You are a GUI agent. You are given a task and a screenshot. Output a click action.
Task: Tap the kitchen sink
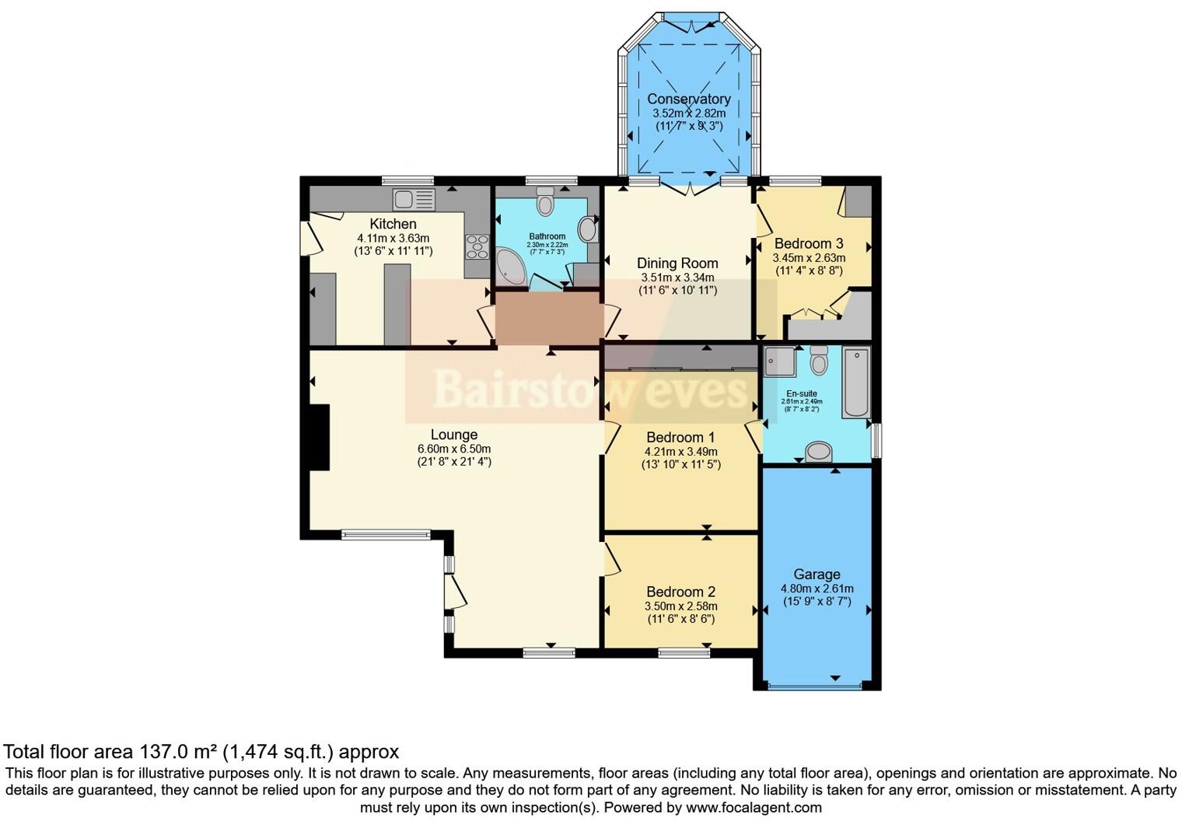click(x=414, y=200)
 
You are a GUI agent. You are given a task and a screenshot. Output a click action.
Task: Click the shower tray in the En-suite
click(x=779, y=362)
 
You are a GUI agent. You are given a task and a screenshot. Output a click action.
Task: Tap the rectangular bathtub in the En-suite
click(x=856, y=383)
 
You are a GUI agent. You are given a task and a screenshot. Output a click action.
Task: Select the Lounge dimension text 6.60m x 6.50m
click(x=454, y=449)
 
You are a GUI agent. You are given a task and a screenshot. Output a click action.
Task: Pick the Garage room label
click(x=817, y=575)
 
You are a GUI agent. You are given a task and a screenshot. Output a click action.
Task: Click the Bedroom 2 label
click(x=680, y=592)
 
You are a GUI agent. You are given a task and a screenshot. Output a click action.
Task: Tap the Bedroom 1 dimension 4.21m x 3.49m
click(x=680, y=451)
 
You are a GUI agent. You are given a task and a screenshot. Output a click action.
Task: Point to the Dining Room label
click(x=677, y=263)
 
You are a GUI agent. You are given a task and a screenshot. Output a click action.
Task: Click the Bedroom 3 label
click(x=809, y=243)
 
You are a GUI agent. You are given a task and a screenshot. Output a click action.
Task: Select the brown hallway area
click(x=549, y=318)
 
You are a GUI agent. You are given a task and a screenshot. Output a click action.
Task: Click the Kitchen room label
click(x=393, y=224)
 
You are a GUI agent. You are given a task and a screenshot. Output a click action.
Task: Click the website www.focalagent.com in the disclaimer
click(x=754, y=807)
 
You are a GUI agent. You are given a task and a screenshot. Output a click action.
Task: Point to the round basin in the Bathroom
click(x=589, y=229)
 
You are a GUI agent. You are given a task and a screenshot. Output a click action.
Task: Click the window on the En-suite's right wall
click(x=875, y=440)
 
